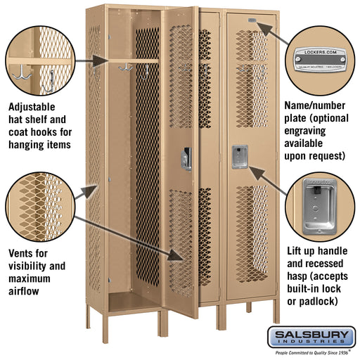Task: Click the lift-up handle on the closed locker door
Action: (240, 157)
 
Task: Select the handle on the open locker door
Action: (186, 159)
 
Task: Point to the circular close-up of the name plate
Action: (320, 56)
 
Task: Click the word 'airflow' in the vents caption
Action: (25, 291)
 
